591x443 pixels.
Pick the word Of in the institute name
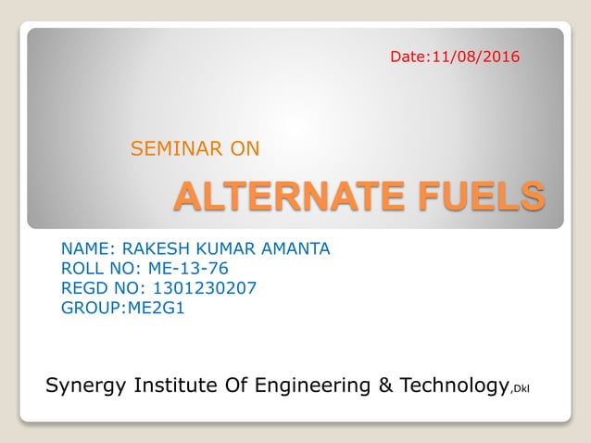tap(236, 384)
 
